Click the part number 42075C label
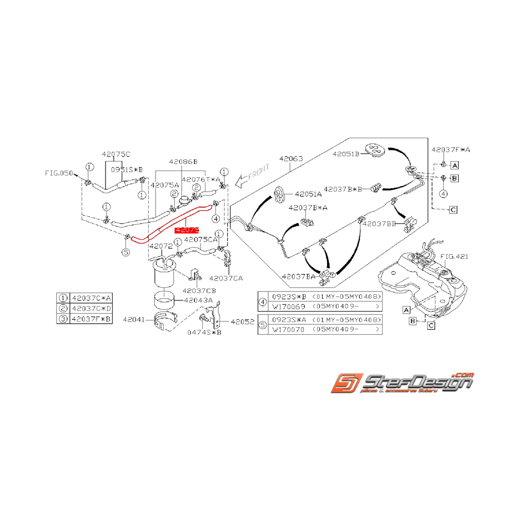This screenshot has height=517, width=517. [x=116, y=154]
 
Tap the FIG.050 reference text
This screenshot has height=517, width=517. [x=59, y=173]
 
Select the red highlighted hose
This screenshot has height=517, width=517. [x=167, y=224]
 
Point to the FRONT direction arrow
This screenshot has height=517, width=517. [x=252, y=174]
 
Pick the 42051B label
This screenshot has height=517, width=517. [x=347, y=154]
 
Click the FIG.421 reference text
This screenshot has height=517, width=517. [x=454, y=256]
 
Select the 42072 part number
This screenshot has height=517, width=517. [x=160, y=245]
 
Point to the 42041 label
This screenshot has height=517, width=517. [x=134, y=320]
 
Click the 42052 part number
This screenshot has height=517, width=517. [x=242, y=321]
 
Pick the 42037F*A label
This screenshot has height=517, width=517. [x=451, y=150]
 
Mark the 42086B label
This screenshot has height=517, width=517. [x=184, y=162]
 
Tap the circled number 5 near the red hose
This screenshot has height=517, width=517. [x=126, y=252]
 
